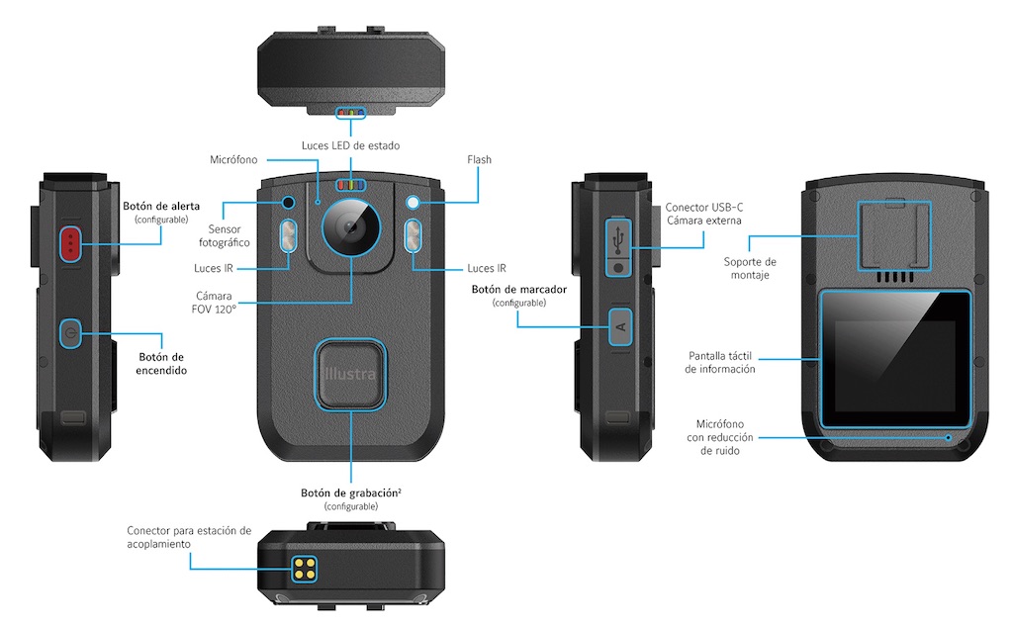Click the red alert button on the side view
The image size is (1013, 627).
click(70, 242)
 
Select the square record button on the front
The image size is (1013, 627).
click(350, 373)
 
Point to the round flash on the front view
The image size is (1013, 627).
click(413, 203)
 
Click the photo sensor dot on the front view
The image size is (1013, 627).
click(288, 203)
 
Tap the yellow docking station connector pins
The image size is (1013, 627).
click(304, 567)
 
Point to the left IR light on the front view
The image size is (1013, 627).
click(288, 236)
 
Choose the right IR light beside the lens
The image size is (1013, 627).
click(413, 236)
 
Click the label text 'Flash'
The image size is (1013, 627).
click(479, 159)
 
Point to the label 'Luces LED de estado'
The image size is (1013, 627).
click(350, 145)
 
